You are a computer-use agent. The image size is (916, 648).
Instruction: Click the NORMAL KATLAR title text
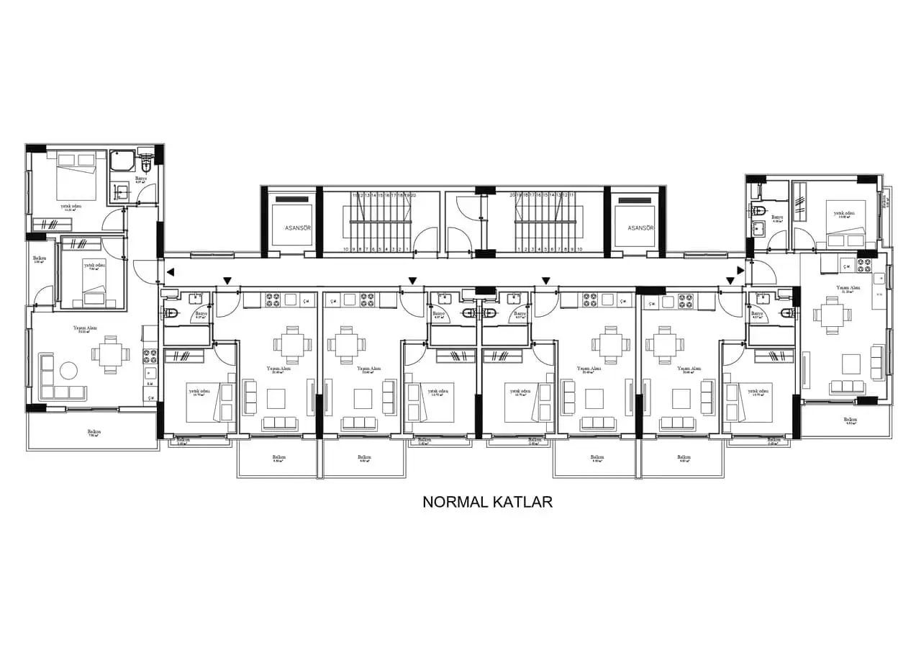coord(487,502)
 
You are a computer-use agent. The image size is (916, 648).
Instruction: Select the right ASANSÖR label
coord(640,228)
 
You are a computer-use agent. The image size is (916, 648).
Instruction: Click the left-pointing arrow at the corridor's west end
coord(170,271)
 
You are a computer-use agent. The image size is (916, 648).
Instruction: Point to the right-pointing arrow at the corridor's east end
coord(740,271)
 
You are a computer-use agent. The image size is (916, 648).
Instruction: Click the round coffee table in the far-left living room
coord(68,371)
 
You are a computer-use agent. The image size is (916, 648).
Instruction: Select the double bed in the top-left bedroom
coord(77,175)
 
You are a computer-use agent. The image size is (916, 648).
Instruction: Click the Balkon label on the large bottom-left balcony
coord(94,432)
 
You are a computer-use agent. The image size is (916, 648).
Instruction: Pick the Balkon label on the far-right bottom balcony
coord(850,419)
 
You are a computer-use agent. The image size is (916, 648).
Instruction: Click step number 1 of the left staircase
coord(408,249)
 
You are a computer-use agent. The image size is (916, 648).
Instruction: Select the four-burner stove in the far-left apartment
coord(150,355)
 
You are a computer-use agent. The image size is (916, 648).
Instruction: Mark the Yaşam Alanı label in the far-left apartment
coord(85,328)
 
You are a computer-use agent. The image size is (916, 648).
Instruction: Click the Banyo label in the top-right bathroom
coord(776,217)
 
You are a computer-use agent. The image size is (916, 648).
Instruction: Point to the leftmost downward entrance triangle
coord(227,281)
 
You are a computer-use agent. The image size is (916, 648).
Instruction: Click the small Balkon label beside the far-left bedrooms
coord(40,258)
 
